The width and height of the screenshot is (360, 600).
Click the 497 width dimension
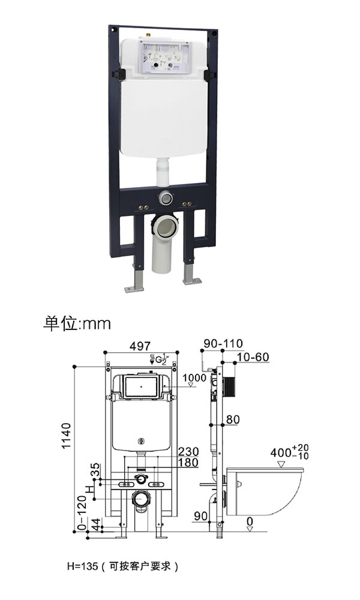[x=140, y=346]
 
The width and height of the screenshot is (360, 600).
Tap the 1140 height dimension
[x=67, y=436]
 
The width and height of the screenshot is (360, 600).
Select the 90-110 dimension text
[x=223, y=343]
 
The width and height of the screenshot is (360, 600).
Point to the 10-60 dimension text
[x=253, y=357]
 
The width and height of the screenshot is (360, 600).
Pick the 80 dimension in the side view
[x=233, y=419]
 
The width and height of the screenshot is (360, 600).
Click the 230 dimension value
[x=188, y=452]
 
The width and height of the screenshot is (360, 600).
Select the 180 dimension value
[x=188, y=463]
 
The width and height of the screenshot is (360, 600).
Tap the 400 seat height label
[x=289, y=452]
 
